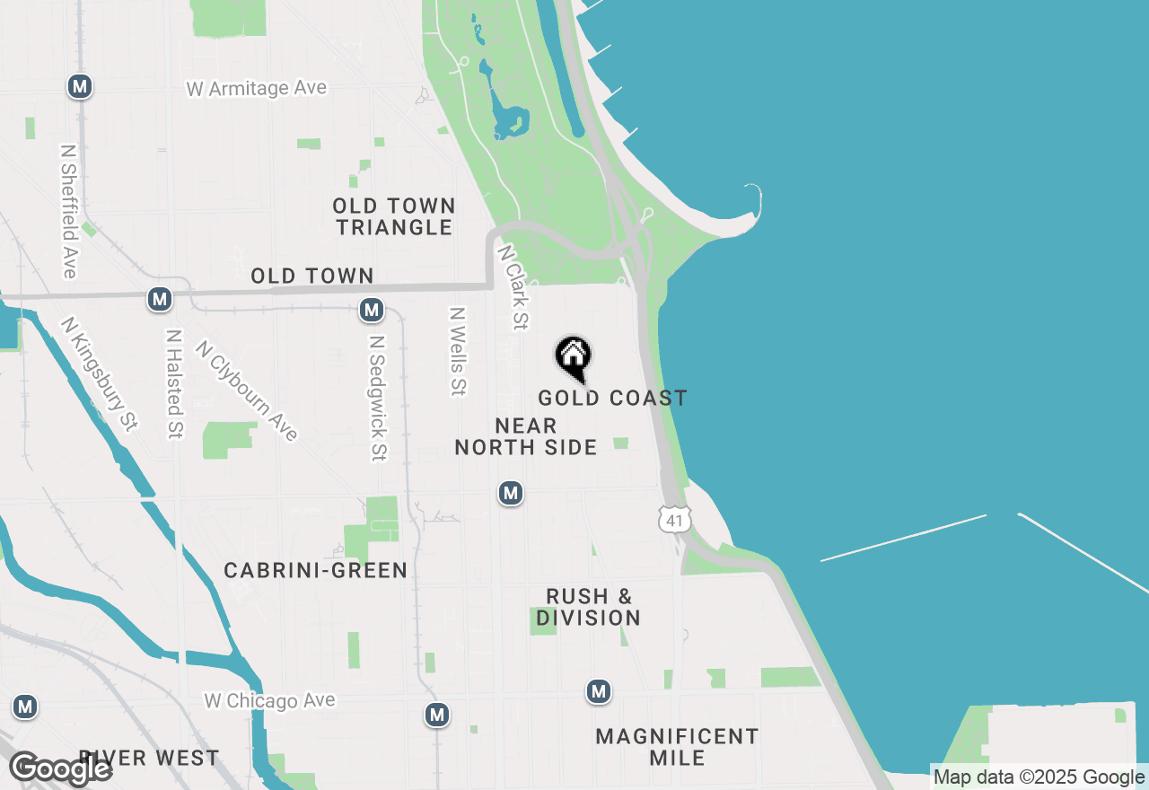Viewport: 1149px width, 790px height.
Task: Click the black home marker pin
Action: pyautogui.click(x=573, y=358)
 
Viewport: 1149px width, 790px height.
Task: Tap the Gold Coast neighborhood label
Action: pyautogui.click(x=612, y=398)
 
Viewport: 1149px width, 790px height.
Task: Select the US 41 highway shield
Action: pyautogui.click(x=674, y=520)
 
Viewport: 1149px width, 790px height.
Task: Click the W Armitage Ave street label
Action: pyautogui.click(x=257, y=89)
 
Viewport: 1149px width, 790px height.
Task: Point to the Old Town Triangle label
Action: pyautogui.click(x=394, y=216)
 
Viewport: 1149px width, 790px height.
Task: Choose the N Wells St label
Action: pyautogui.click(x=459, y=352)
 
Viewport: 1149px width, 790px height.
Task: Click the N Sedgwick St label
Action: pyautogui.click(x=378, y=399)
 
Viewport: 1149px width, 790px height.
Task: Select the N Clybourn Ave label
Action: pyautogui.click(x=246, y=391)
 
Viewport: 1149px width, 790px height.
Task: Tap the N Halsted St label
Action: pyautogui.click(x=174, y=384)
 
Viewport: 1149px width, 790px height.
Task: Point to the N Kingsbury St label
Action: pyautogui.click(x=99, y=373)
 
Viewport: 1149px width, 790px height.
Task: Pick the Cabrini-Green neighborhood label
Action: pyautogui.click(x=316, y=570)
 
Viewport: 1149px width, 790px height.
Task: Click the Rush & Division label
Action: pyautogui.click(x=589, y=608)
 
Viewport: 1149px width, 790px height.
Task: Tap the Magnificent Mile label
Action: pyautogui.click(x=678, y=747)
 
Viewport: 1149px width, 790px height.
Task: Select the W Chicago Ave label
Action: pyautogui.click(x=269, y=700)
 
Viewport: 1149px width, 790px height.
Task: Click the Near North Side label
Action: pyautogui.click(x=526, y=436)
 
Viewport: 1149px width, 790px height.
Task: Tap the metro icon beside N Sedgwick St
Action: pyautogui.click(x=372, y=311)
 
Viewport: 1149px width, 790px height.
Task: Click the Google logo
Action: pyautogui.click(x=61, y=768)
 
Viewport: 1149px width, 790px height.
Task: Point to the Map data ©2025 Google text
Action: pyautogui.click(x=1039, y=777)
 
